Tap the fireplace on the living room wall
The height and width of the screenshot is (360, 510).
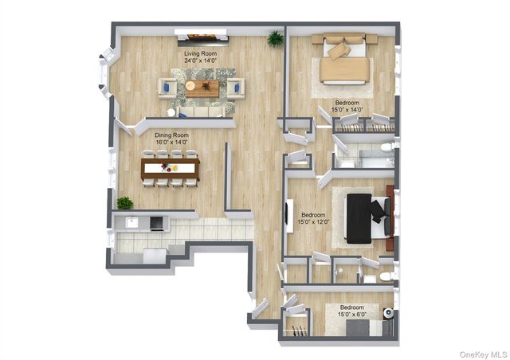(202, 36)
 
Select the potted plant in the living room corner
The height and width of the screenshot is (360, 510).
(276, 38)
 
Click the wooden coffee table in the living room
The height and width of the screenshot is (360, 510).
(201, 88)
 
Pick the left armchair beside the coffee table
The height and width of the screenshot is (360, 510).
(167, 87)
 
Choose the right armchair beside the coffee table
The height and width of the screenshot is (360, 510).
(235, 88)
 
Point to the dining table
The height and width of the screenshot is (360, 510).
(170, 167)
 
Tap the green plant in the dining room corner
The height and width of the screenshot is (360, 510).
(125, 203)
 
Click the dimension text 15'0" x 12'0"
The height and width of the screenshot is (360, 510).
(312, 222)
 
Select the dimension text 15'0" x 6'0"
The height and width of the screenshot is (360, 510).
(351, 315)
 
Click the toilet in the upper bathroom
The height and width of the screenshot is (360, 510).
(386, 148)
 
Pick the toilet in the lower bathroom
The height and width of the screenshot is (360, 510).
(386, 276)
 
